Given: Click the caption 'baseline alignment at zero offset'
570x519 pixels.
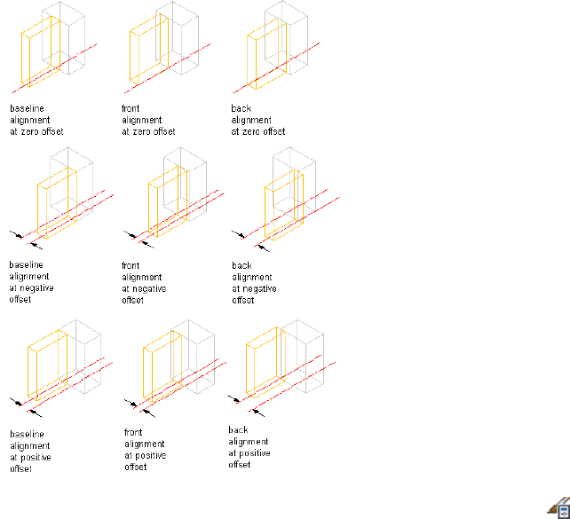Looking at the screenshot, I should (36, 120).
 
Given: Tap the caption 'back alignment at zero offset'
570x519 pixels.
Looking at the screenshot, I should (257, 120).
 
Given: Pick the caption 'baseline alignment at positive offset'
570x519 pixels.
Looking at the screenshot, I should (36, 451).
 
